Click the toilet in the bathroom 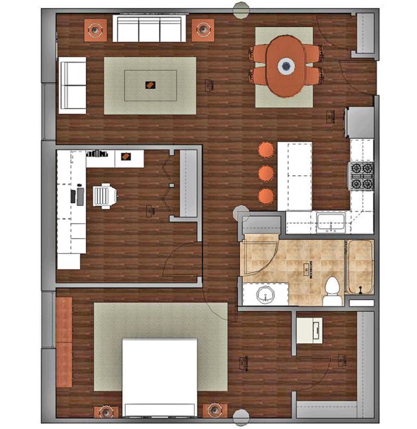point(332,291)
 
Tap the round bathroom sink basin point(264,295)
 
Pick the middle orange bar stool point(266,173)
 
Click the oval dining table point(285,65)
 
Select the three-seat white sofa point(149,29)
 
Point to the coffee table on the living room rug point(150,85)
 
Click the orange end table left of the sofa point(95,28)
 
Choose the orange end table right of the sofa point(203,29)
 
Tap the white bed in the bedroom point(160,376)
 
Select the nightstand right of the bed point(214,410)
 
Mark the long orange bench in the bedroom point(63,342)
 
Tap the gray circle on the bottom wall point(241,417)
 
